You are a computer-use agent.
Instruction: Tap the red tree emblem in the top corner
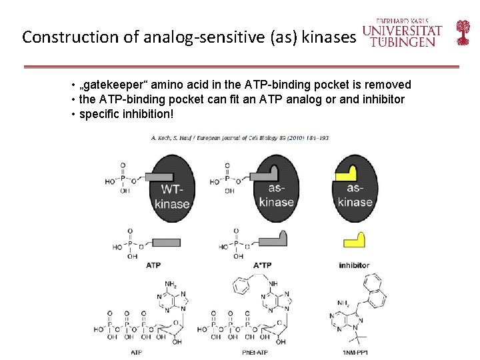coord(463,32)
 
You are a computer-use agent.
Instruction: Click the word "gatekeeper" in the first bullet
coord(116,85)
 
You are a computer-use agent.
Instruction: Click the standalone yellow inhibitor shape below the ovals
coord(354,241)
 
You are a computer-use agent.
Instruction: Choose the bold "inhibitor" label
coord(354,265)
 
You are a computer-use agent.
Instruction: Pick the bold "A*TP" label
coord(263,265)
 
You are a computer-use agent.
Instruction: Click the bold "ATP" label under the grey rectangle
coord(153,265)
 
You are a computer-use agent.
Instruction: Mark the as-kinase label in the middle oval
coord(276,195)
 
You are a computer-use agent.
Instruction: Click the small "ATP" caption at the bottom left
coord(136,351)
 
